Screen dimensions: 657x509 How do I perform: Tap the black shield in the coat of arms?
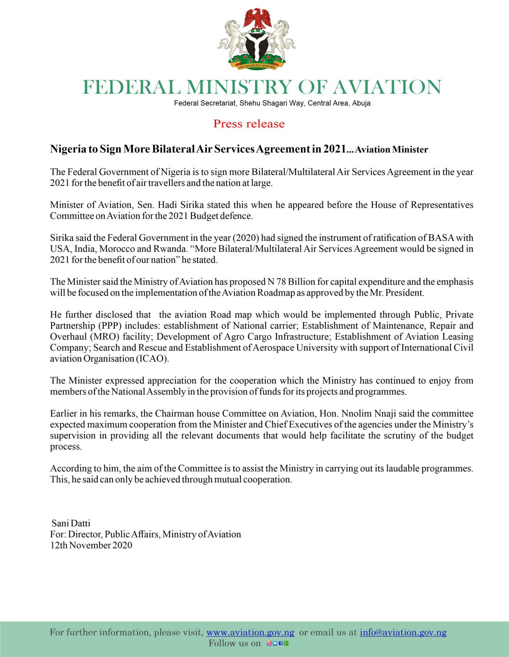pyautogui.click(x=257, y=45)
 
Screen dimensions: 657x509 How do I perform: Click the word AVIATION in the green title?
pyautogui.click(x=387, y=87)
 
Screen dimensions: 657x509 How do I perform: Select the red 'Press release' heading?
pyautogui.click(x=249, y=124)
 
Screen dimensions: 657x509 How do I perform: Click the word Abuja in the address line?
pyautogui.click(x=361, y=103)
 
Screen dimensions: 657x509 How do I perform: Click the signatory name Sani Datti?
pyautogui.click(x=71, y=523)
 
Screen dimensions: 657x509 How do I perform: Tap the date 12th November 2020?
pyautogui.click(x=91, y=545)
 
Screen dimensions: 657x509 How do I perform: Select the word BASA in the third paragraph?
pyautogui.click(x=441, y=238)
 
